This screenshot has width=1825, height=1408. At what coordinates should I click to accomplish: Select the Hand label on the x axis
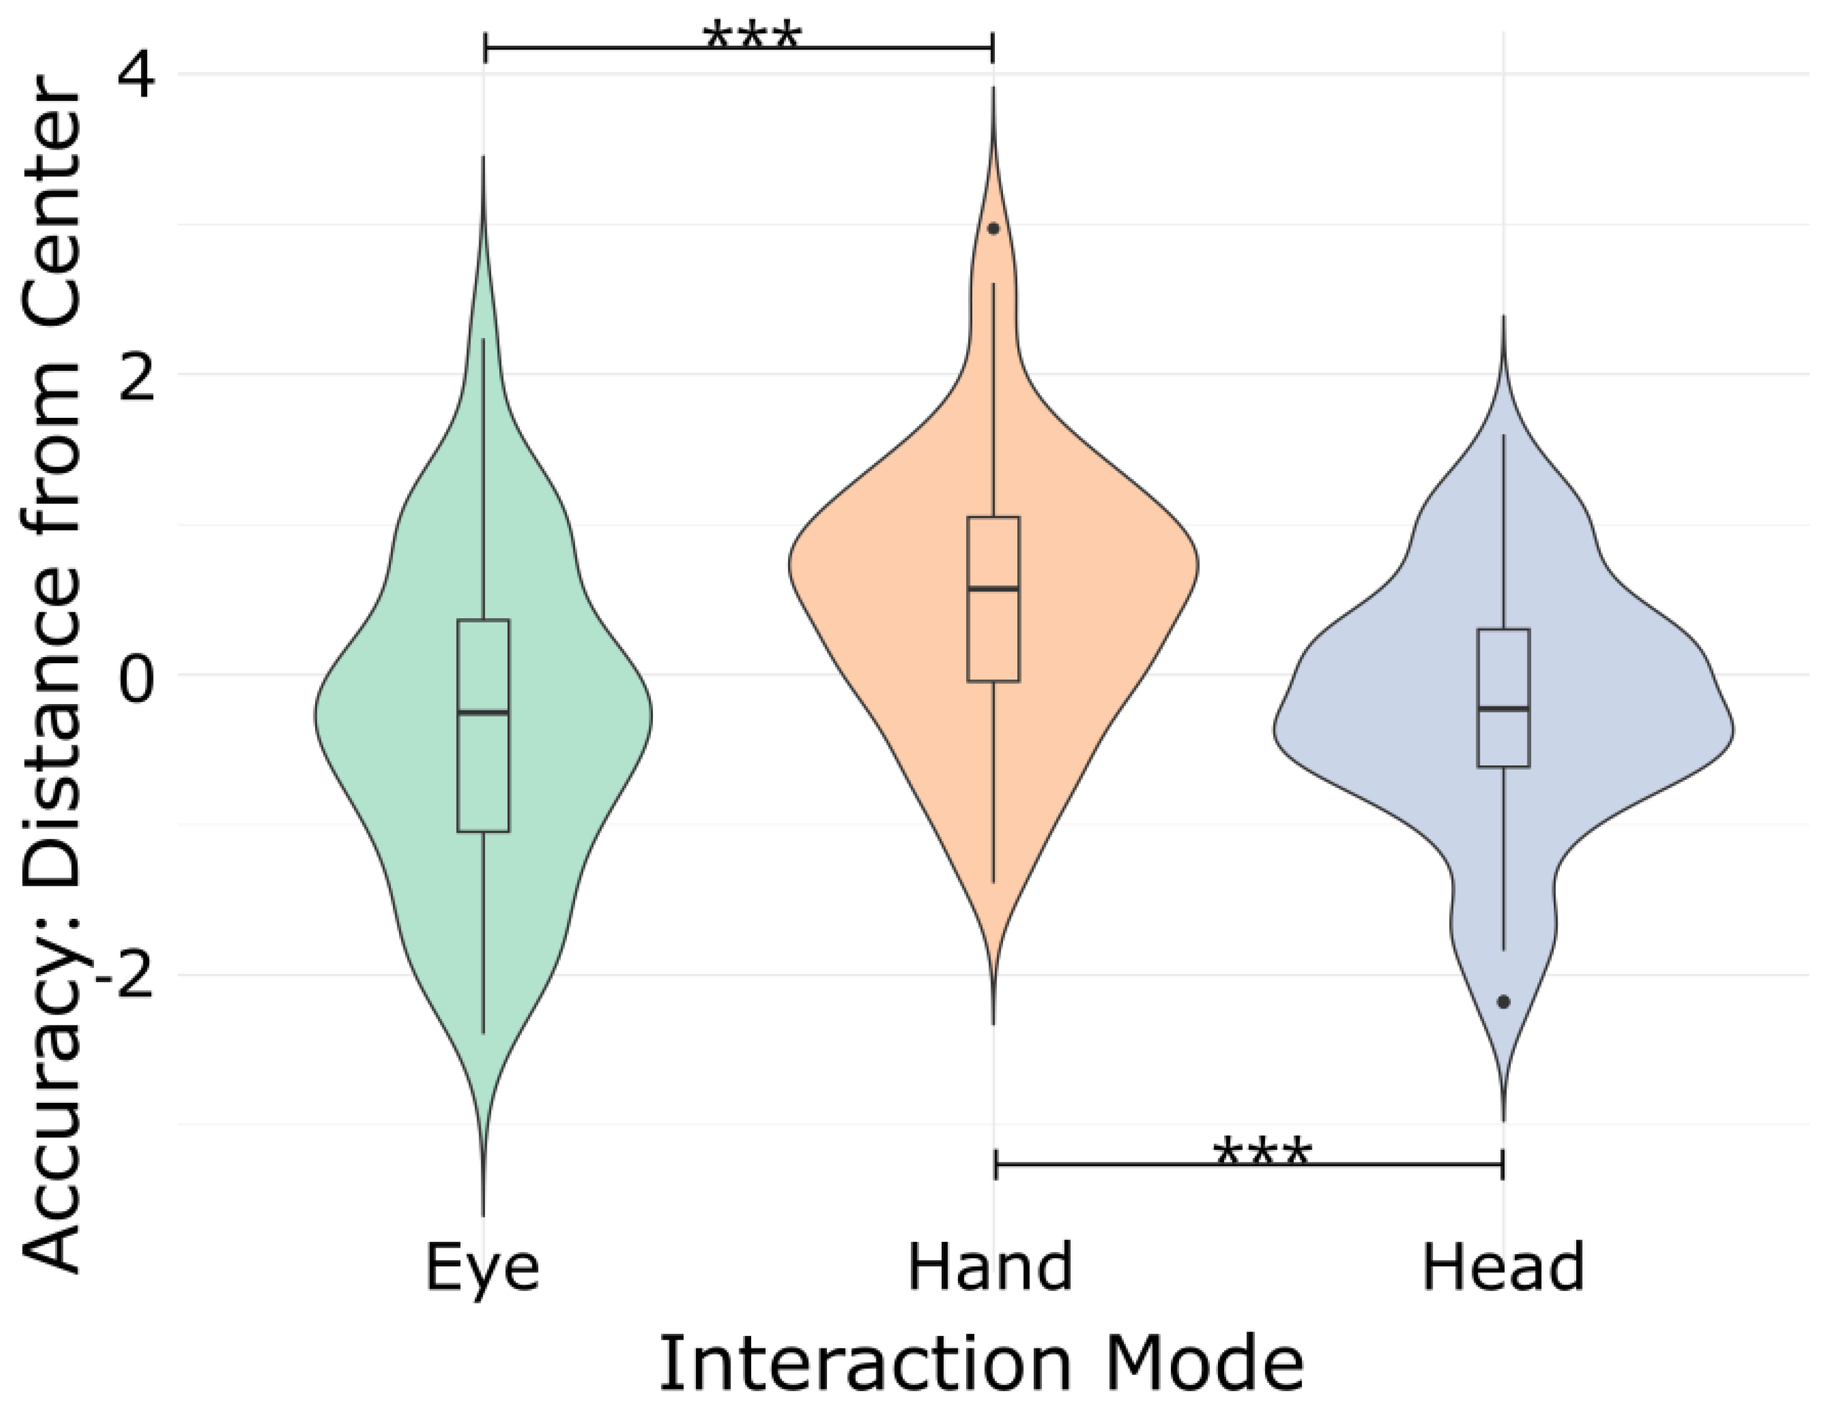[x=990, y=1267]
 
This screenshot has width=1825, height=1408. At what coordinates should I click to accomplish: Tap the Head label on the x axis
[x=1502, y=1267]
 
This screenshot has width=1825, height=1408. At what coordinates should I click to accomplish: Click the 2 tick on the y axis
[x=136, y=375]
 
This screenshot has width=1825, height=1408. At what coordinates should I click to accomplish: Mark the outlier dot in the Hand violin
[x=993, y=228]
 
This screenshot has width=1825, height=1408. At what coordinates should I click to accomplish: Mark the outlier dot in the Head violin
[x=1503, y=1002]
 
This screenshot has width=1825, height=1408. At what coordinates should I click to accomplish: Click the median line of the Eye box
[x=483, y=712]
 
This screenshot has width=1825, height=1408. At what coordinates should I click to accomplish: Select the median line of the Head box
[x=1503, y=708]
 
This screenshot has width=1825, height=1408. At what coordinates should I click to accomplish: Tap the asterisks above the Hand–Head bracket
[x=1262, y=1152]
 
